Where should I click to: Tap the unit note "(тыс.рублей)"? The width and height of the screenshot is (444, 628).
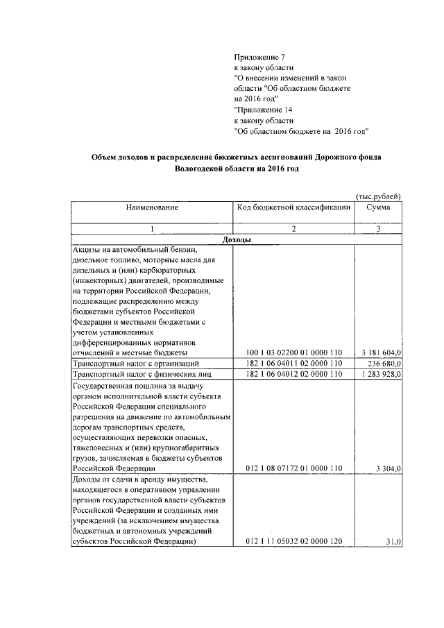(378, 196)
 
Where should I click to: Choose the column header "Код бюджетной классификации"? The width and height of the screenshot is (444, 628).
(293, 207)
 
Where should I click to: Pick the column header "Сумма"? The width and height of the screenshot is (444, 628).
(378, 207)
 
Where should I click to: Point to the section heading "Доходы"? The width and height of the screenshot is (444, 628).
(235, 239)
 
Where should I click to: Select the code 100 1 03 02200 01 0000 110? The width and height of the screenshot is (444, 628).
(294, 353)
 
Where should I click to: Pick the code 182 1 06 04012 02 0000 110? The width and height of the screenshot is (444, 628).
(294, 374)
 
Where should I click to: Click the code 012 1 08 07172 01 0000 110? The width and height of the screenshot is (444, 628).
(294, 469)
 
